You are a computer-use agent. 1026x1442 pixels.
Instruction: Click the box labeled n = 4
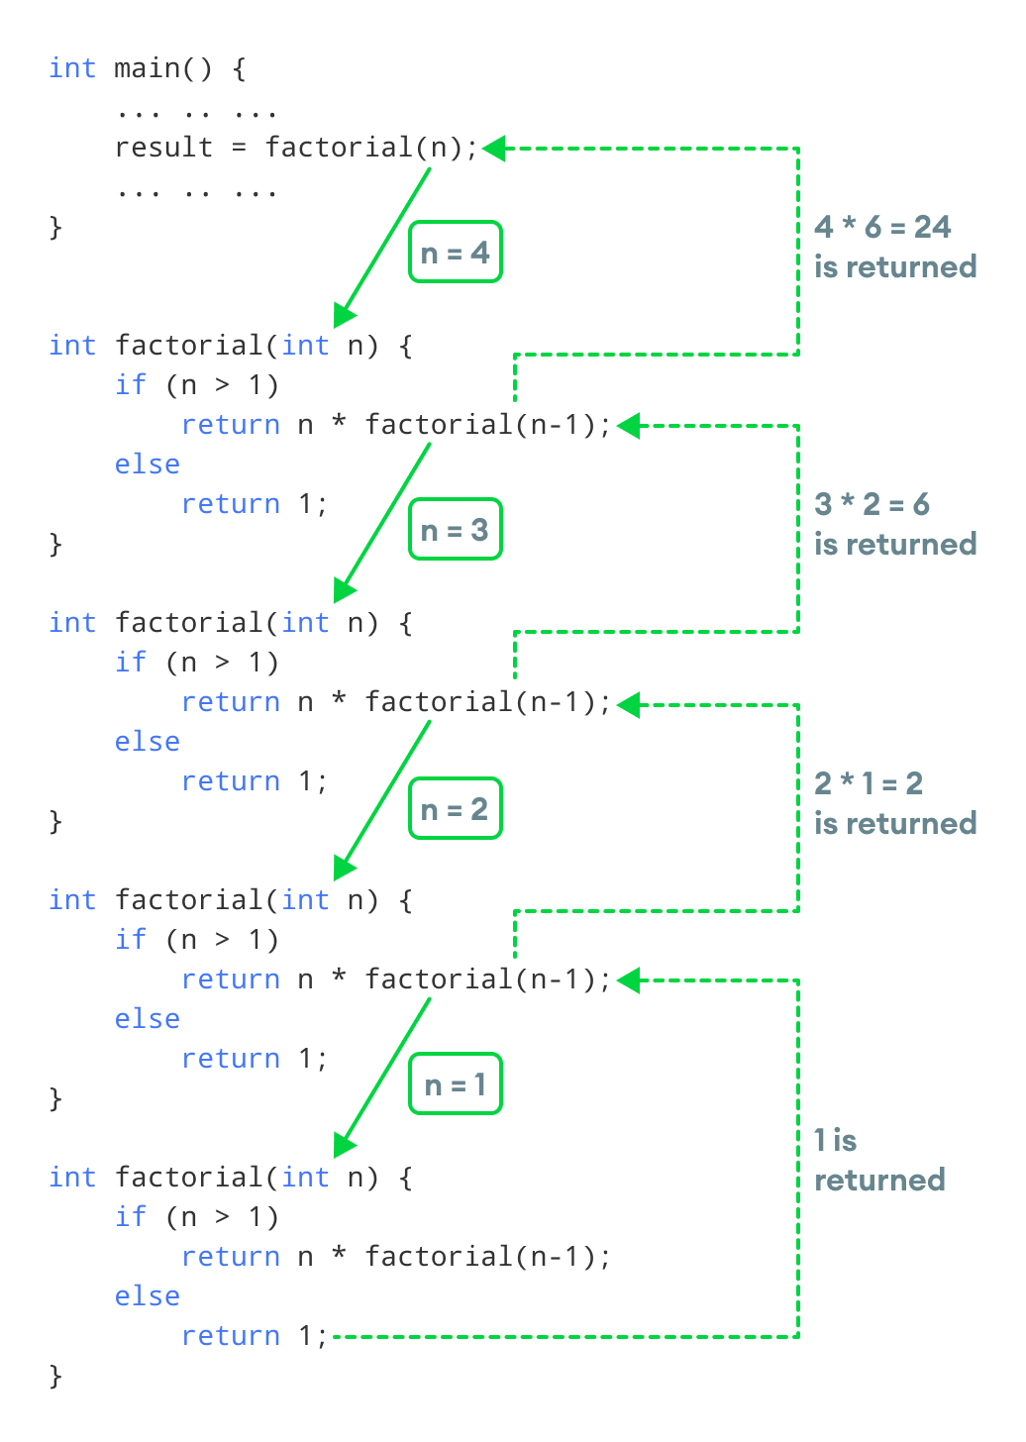click(456, 253)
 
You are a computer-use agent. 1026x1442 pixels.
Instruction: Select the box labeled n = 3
click(456, 530)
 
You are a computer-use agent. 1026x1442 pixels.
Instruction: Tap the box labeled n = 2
click(456, 809)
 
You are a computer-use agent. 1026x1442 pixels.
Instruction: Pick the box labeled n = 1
click(456, 1084)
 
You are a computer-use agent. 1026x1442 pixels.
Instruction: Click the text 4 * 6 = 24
click(882, 227)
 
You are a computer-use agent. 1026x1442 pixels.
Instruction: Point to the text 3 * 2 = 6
click(872, 504)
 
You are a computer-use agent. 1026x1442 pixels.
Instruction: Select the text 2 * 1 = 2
click(869, 783)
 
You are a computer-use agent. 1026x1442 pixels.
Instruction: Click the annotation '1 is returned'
click(878, 1160)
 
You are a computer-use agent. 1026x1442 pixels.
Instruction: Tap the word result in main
click(163, 148)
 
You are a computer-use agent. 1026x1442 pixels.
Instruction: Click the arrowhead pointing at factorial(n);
click(494, 149)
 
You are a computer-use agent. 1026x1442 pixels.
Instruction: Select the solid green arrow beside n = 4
click(386, 243)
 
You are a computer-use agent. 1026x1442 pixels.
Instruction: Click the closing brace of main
click(55, 228)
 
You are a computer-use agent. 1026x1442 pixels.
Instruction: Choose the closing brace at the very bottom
click(55, 1377)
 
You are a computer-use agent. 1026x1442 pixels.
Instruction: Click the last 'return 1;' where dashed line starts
click(255, 1336)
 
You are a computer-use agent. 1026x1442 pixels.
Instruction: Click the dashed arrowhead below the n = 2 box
click(630, 980)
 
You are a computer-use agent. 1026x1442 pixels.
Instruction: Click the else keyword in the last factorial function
click(148, 1296)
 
